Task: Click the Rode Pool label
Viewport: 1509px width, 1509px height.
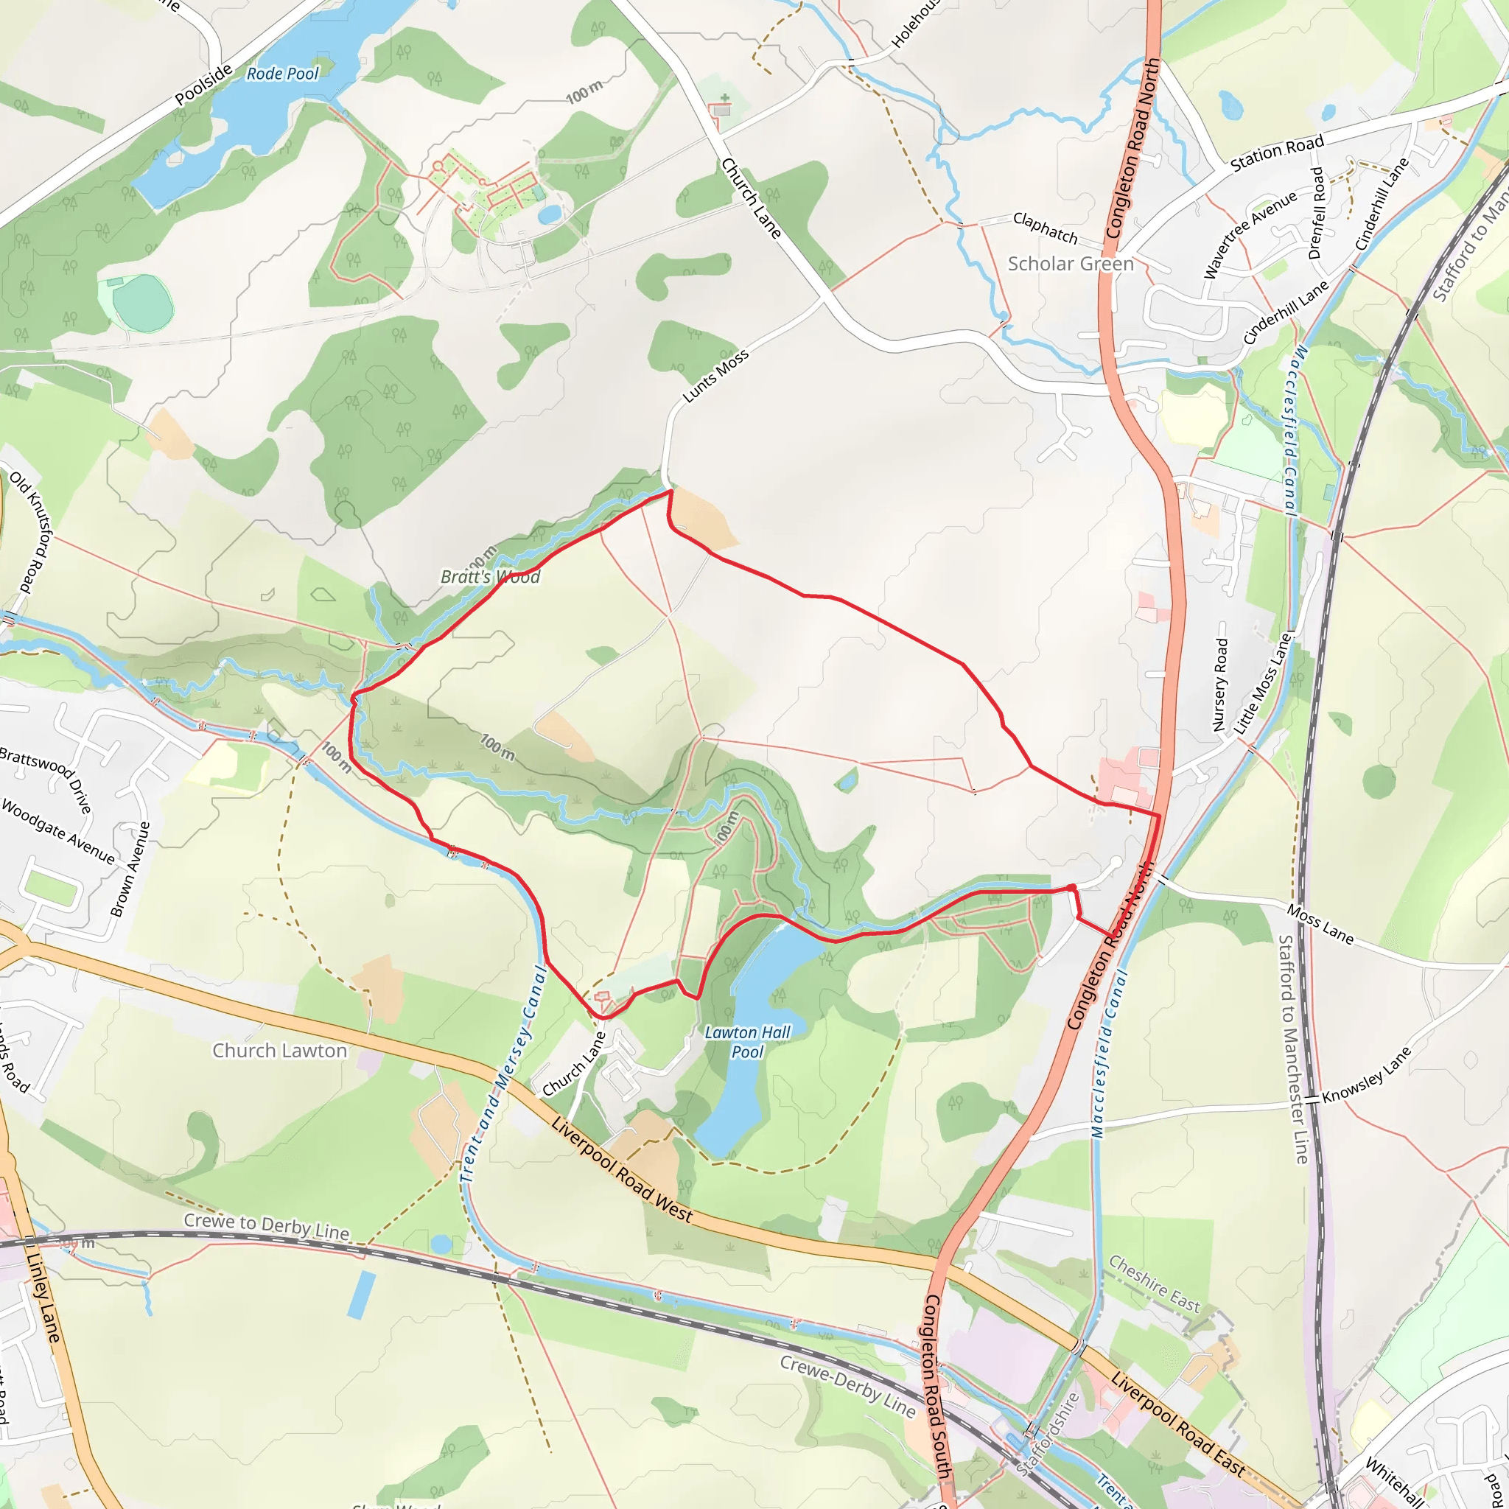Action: pos(282,74)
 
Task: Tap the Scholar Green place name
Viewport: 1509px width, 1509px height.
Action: pos(1070,264)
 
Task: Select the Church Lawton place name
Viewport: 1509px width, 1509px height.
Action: pos(279,1051)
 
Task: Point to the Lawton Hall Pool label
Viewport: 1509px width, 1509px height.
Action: pos(747,1042)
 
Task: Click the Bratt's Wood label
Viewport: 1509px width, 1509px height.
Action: pos(491,577)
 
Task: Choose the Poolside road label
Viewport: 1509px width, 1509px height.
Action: pos(203,84)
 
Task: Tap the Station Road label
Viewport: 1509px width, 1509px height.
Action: pos(1277,153)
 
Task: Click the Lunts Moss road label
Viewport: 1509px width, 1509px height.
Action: pos(715,376)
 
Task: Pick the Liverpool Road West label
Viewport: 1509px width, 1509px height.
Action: pos(622,1170)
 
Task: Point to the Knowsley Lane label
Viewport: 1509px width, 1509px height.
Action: pos(1367,1075)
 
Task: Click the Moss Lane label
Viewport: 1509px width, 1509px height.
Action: pos(1320,924)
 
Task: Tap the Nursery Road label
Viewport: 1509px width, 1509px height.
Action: pos(1221,685)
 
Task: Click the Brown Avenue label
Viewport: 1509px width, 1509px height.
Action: pos(130,869)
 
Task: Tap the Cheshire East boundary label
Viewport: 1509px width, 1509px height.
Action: pos(1155,1284)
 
